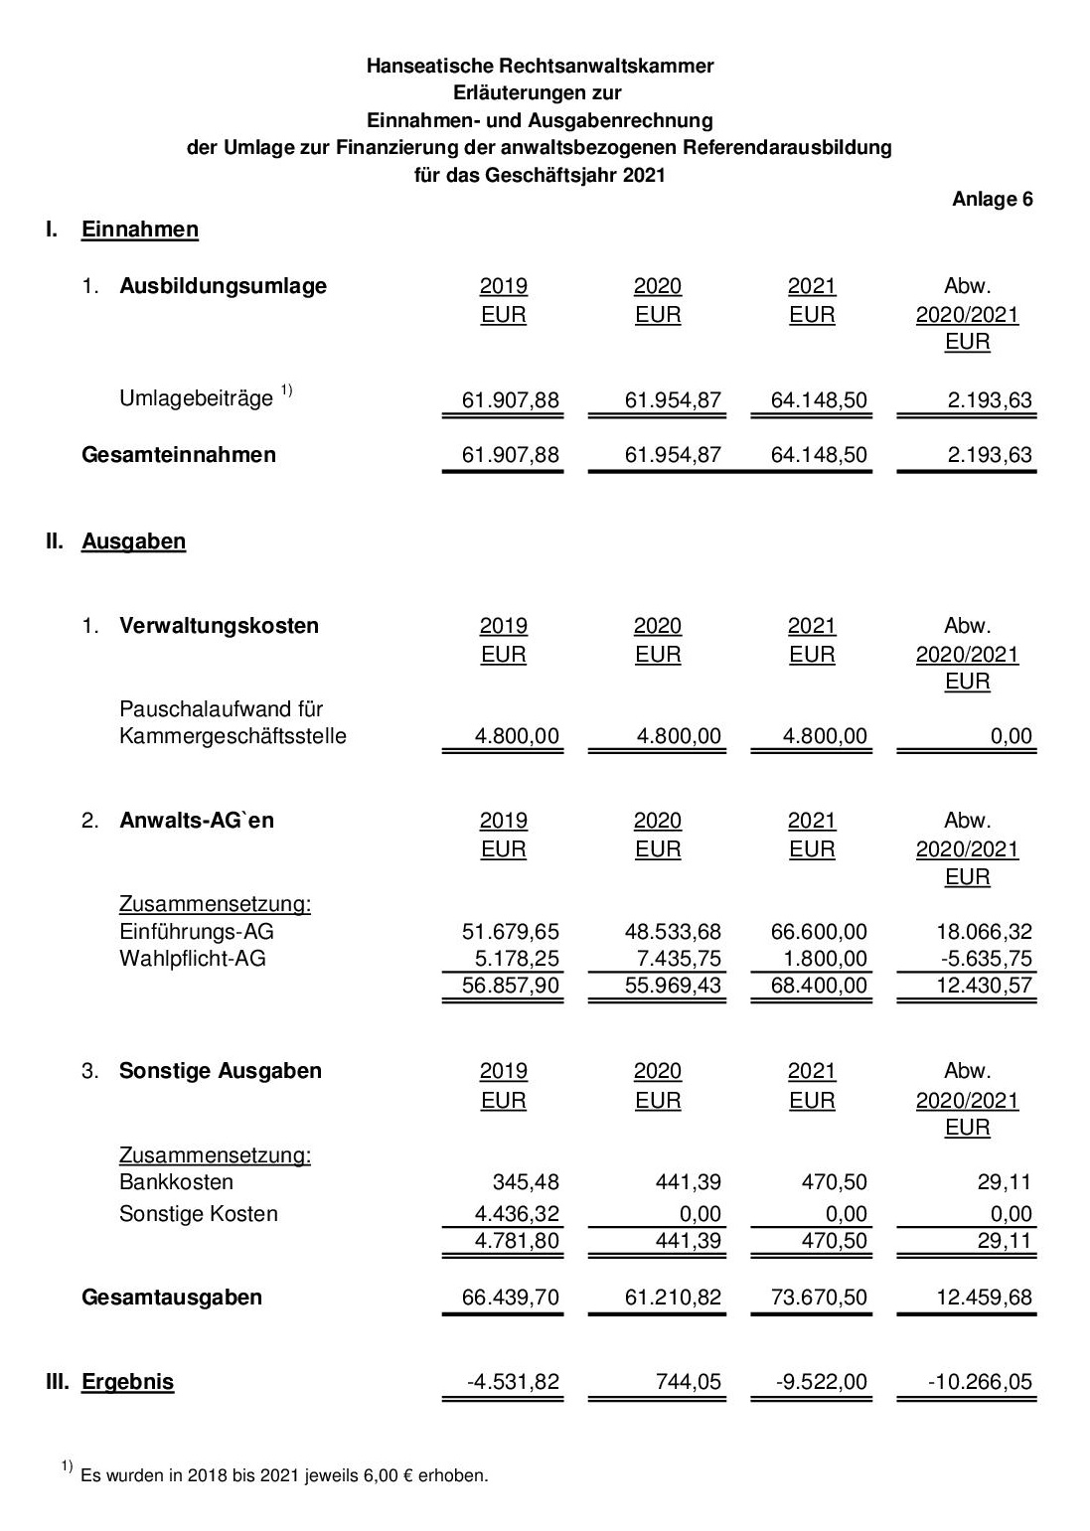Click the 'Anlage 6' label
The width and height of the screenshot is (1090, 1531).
[992, 199]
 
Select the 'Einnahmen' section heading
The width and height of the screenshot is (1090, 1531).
[139, 230]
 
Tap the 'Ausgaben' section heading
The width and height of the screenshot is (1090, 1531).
[133, 541]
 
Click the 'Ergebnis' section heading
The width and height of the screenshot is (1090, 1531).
[127, 1382]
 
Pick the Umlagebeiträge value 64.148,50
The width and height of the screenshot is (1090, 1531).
[819, 400]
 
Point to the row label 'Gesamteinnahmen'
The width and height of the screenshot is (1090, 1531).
[179, 455]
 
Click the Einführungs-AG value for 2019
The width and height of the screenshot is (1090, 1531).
[511, 932]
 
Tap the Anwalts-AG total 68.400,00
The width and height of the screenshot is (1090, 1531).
[819, 986]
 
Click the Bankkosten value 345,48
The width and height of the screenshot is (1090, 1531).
[526, 1182]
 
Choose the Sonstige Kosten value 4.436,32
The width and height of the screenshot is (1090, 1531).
[517, 1214]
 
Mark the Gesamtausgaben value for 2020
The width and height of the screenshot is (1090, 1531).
[673, 1298]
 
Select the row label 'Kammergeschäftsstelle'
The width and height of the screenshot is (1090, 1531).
[233, 736]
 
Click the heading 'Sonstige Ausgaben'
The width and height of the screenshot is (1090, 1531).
[221, 1071]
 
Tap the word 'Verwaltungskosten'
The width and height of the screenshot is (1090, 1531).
[219, 626]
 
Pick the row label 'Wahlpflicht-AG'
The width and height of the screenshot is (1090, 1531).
[193, 959]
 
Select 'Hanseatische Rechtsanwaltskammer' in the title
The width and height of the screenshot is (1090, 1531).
[540, 66]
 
